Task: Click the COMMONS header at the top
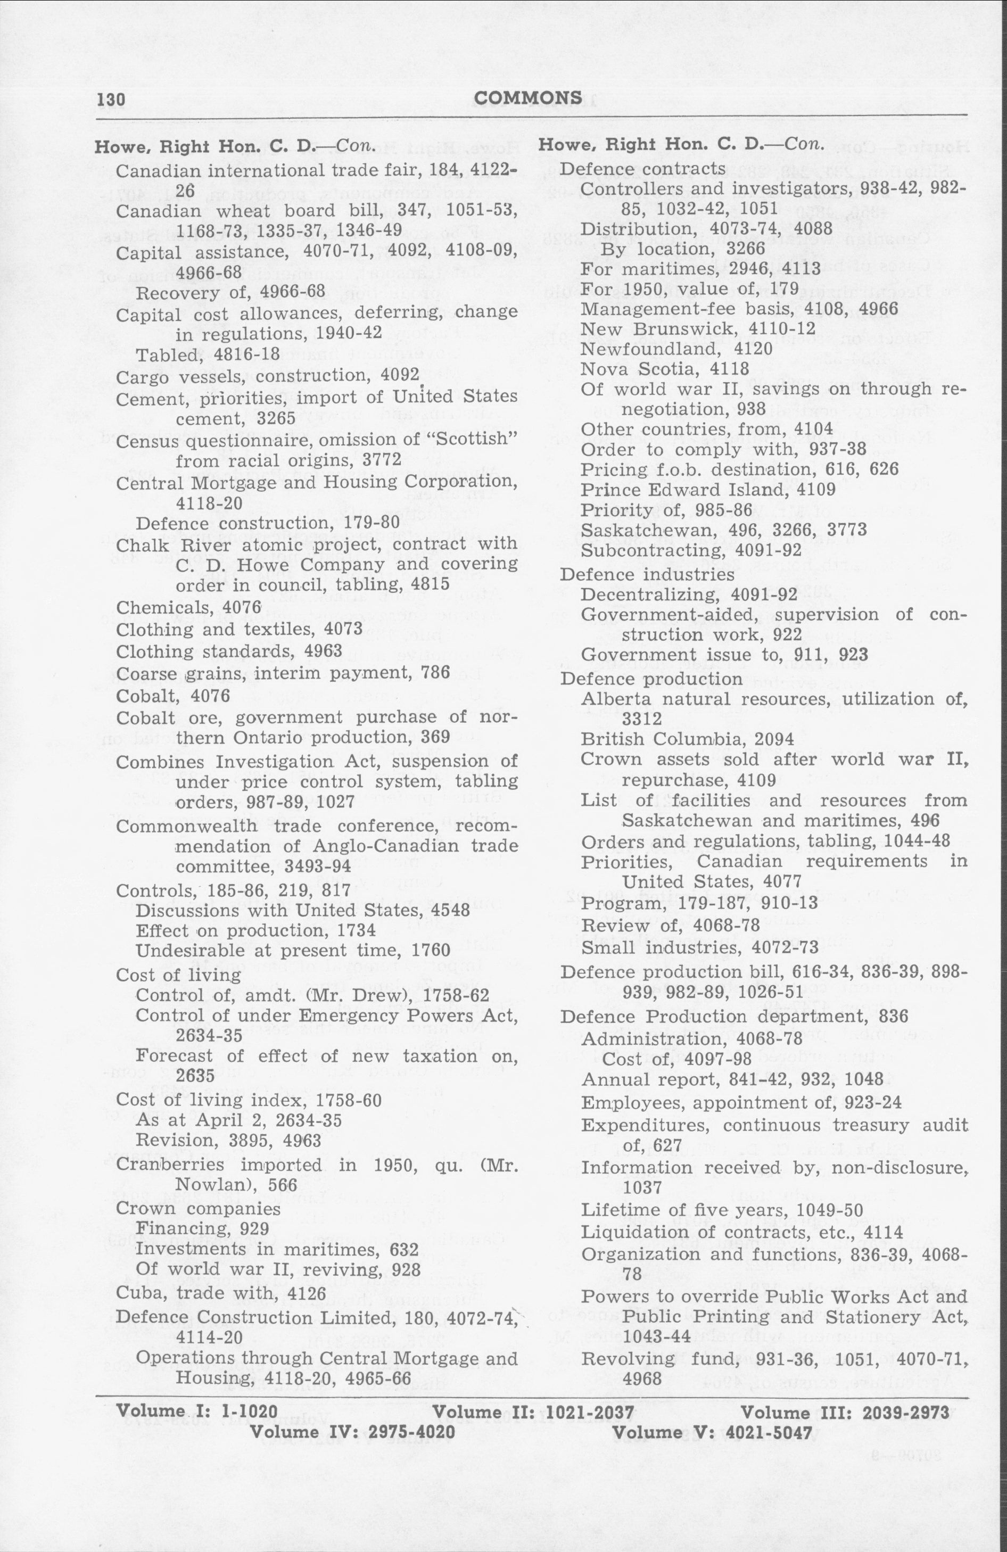pyautogui.click(x=529, y=98)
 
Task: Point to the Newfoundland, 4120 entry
pyautogui.click(x=676, y=348)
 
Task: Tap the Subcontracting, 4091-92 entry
pyautogui.click(x=691, y=550)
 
